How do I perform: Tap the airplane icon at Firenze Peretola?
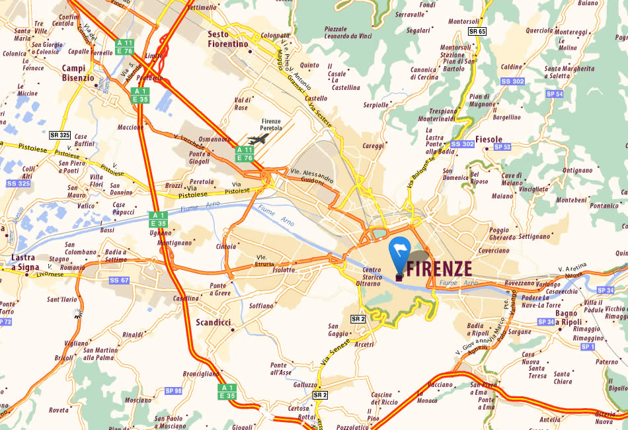259,140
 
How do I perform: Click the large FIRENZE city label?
439,269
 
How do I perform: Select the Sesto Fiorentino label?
227,39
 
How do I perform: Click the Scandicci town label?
214,322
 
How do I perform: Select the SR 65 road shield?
477,31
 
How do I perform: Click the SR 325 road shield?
59,135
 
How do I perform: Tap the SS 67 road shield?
120,280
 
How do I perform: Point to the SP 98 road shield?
174,391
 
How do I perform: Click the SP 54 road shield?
555,94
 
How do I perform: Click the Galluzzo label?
305,384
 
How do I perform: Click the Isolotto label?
284,270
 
